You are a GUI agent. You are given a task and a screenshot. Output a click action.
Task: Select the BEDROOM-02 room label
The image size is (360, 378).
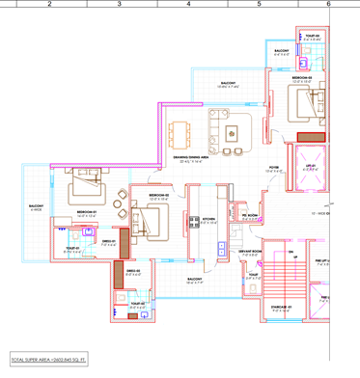[159, 196]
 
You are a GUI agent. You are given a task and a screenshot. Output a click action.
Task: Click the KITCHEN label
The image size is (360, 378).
[208, 220]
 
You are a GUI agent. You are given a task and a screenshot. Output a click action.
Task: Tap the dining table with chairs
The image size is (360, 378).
[187, 132]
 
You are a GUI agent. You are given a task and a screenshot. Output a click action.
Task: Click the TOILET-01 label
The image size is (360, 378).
[72, 248]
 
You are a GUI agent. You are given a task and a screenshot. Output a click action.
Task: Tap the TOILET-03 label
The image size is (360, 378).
[312, 36]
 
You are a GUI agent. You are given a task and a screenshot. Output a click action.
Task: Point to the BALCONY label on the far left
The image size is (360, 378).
[35, 205]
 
